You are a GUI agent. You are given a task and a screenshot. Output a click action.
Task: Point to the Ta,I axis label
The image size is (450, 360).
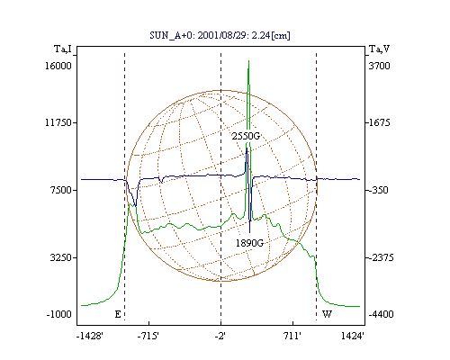(63, 49)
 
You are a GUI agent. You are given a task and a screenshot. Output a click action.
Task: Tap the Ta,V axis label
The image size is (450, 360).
(379, 49)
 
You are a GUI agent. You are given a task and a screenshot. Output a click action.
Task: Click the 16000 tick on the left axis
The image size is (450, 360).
(58, 66)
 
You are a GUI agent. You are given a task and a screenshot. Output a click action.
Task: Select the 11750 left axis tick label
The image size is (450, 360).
(58, 122)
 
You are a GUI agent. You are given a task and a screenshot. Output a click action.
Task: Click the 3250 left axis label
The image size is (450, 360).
(61, 257)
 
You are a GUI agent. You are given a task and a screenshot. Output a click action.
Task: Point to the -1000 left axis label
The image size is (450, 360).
(59, 314)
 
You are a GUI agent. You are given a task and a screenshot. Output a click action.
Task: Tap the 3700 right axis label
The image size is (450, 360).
(379, 66)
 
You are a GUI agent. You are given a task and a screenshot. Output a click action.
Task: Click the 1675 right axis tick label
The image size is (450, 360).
(380, 122)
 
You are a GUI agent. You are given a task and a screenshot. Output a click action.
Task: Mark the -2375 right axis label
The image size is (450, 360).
(381, 257)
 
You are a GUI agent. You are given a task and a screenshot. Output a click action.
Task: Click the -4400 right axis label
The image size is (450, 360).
(381, 314)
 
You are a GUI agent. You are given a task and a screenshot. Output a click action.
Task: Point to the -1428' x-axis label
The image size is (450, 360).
(90, 336)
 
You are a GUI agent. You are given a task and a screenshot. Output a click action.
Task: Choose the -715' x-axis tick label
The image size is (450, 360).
(148, 336)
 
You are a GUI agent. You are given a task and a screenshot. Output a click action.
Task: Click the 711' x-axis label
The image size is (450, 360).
(292, 336)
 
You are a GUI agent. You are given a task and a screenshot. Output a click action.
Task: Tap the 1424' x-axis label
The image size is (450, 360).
(353, 336)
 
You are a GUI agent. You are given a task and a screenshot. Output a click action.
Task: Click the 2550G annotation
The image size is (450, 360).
(246, 136)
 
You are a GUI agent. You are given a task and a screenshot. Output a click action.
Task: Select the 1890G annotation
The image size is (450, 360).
(249, 243)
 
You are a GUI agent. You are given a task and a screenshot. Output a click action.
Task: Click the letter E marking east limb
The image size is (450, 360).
(118, 314)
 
